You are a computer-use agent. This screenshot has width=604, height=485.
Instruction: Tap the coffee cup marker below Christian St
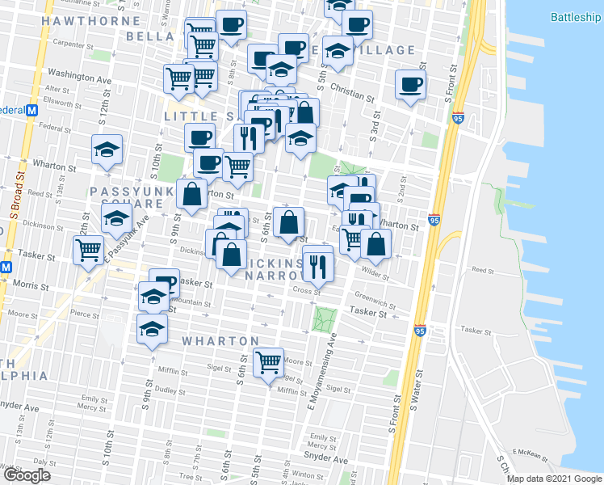(410, 84)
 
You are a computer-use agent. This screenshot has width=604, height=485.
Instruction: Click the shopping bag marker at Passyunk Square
(191, 194)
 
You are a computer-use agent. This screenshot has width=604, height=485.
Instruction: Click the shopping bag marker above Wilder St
(376, 242)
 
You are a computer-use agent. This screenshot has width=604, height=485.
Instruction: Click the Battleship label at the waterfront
(577, 17)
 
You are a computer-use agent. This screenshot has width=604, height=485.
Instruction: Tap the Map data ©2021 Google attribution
(554, 479)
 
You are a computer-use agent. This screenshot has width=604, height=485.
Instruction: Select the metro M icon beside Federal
(33, 109)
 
